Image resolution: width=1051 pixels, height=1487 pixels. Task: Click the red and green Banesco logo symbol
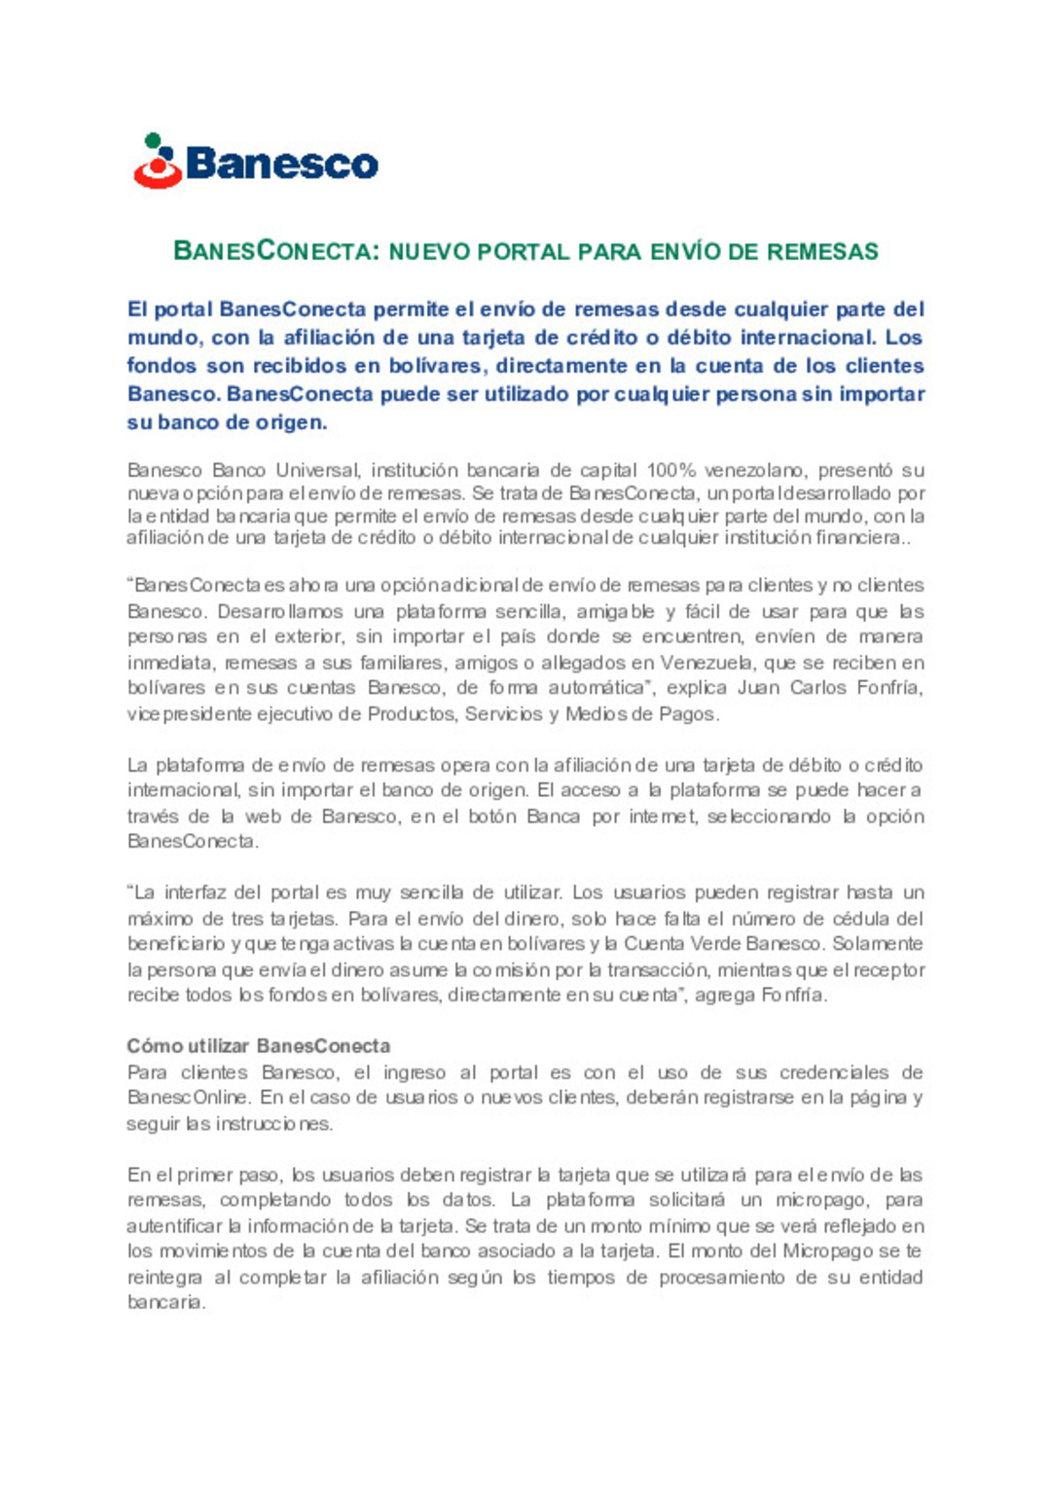(x=158, y=162)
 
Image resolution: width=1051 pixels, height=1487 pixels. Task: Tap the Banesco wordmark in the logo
(x=281, y=163)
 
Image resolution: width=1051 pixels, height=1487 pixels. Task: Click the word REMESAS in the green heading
(x=822, y=251)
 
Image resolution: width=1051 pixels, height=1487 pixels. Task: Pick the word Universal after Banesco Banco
(x=317, y=471)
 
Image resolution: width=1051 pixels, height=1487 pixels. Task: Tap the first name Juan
(x=758, y=688)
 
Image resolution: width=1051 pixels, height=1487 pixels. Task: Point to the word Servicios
(x=502, y=714)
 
